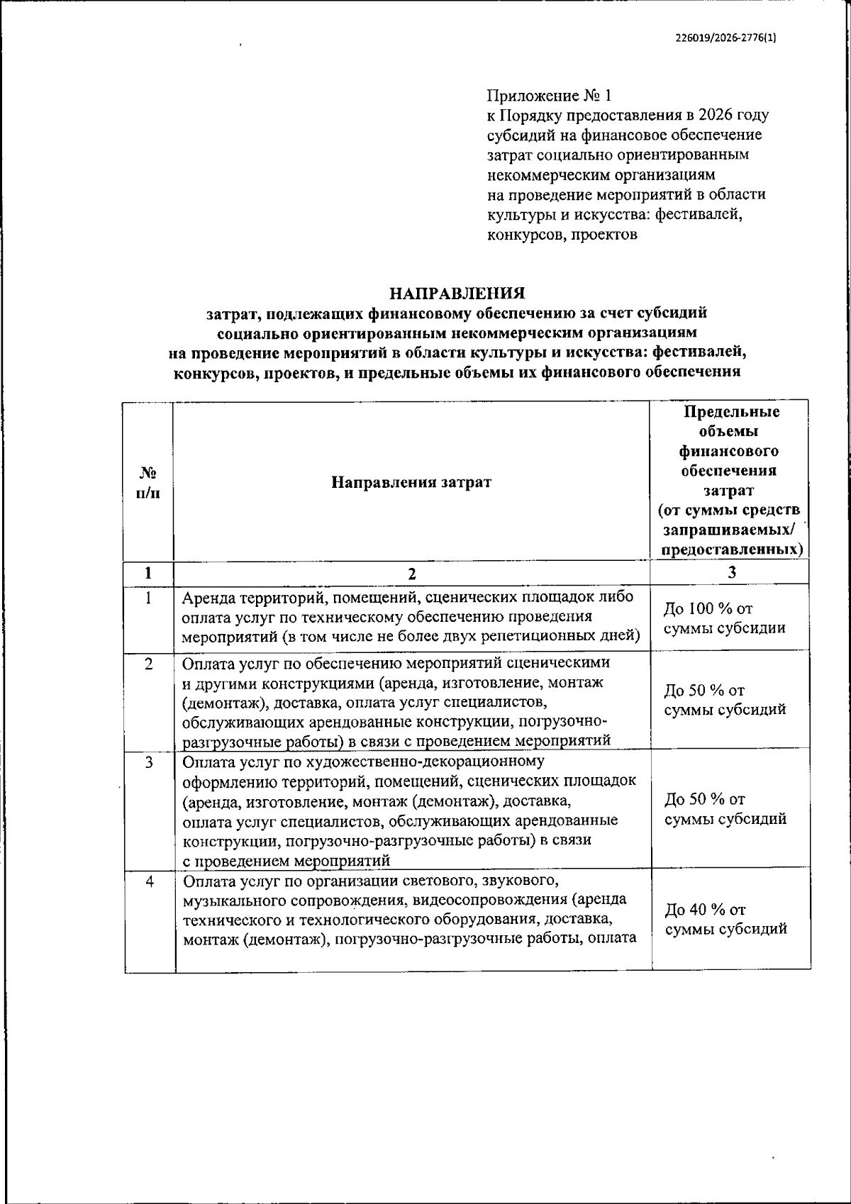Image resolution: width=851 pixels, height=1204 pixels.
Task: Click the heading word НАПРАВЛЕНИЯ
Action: point(457,293)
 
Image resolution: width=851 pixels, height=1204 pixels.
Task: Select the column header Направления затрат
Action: point(411,483)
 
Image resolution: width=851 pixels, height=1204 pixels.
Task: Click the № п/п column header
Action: point(148,482)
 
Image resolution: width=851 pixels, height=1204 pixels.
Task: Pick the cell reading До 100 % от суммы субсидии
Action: point(724,618)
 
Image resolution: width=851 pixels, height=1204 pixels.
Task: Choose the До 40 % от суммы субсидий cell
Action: point(725,919)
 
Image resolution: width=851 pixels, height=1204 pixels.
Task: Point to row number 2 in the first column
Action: point(149,664)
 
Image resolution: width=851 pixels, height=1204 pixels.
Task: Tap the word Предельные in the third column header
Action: point(731,413)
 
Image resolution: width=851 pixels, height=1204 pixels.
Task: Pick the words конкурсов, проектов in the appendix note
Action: point(562,234)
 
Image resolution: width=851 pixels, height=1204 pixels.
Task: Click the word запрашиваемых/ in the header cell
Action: point(731,530)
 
